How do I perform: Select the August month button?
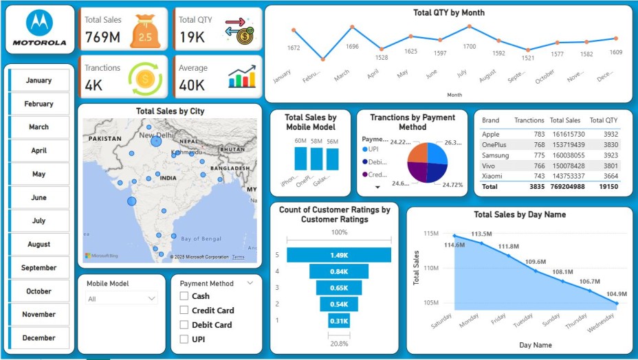tap(39, 245)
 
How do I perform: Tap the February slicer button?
tap(39, 104)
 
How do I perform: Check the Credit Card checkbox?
tap(184, 311)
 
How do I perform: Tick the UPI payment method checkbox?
tap(184, 339)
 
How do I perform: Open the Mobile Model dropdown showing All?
tap(122, 299)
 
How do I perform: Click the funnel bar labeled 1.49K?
tap(338, 256)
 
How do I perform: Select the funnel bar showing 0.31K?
tap(338, 320)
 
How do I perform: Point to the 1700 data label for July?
tap(470, 47)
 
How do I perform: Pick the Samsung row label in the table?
tap(496, 155)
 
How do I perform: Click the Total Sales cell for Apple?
tap(566, 134)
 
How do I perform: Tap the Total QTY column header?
tap(604, 120)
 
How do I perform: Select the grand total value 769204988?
tap(565, 186)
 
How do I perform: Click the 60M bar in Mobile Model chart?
tap(300, 159)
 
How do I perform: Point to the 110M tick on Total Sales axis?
tap(432, 268)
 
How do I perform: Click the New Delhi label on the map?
tap(155, 135)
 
